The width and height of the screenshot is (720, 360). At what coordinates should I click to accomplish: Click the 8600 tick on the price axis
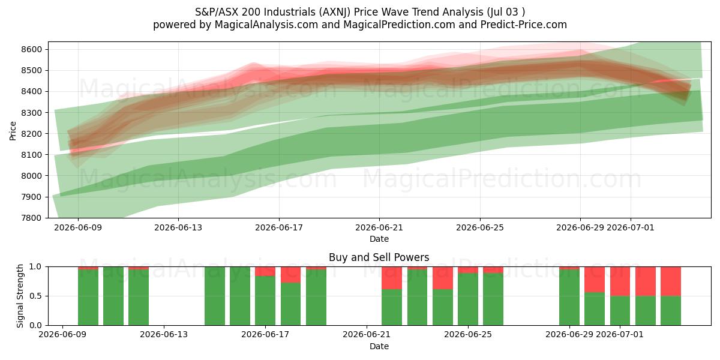point(31,49)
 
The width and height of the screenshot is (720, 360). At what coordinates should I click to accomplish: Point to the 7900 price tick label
point(31,197)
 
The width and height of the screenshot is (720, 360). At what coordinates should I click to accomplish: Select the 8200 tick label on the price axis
point(31,134)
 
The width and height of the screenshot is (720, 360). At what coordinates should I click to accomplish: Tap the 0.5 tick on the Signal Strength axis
point(35,296)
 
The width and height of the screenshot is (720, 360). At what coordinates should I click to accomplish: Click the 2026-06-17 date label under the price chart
point(279,227)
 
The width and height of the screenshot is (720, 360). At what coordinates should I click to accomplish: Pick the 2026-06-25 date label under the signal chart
point(468,334)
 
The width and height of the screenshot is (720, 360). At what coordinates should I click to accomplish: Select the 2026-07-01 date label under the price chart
point(631,227)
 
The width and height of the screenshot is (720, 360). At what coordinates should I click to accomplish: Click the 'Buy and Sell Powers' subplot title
point(379,257)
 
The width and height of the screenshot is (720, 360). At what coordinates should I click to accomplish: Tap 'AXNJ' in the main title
point(335,12)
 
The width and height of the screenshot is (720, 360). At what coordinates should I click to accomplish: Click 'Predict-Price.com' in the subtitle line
point(524,25)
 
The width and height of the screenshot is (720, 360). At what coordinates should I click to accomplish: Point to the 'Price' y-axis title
point(13,131)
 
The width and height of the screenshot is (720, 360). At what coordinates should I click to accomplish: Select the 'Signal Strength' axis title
point(20,296)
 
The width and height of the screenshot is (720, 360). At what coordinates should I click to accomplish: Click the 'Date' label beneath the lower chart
point(379,346)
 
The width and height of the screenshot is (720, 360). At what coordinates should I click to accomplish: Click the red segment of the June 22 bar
point(392,278)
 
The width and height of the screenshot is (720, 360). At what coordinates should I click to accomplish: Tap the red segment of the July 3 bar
point(671,281)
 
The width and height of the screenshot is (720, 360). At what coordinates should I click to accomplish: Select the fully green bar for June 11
point(113,296)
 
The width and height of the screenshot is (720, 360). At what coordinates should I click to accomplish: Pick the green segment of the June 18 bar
point(290,304)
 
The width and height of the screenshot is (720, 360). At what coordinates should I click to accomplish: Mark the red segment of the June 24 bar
point(443,278)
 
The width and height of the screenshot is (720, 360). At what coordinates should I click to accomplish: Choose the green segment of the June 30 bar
point(595,309)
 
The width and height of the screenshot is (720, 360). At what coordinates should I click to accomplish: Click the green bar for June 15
point(215,296)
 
